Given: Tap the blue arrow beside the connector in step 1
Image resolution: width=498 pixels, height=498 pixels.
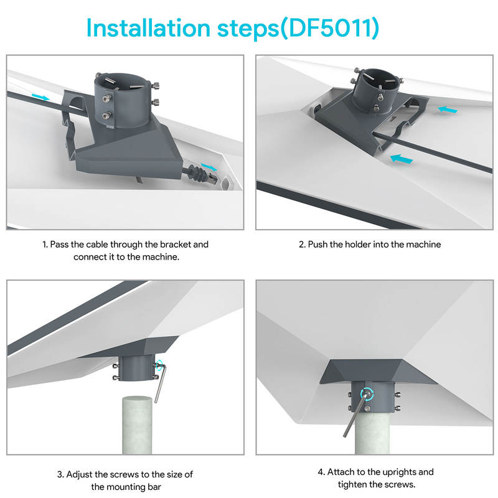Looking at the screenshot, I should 210,167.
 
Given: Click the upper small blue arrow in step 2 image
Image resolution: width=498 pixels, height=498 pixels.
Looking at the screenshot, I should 448,110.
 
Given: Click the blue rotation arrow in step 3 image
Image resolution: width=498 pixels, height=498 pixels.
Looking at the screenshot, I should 160,364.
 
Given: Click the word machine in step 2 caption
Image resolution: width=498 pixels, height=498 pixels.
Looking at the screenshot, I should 423,245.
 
